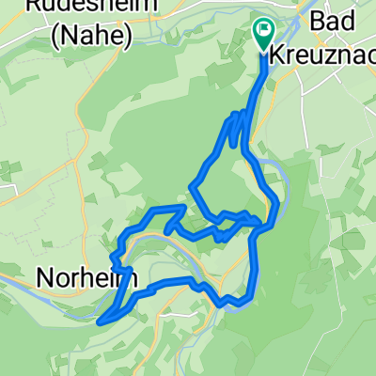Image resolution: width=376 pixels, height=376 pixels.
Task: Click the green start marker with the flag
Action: (x=262, y=34)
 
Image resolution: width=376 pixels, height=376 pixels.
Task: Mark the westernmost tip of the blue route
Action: (x=99, y=320)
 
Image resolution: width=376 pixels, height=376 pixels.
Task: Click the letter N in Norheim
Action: (x=44, y=278)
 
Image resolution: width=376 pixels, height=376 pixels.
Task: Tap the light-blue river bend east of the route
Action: (x=275, y=169)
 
